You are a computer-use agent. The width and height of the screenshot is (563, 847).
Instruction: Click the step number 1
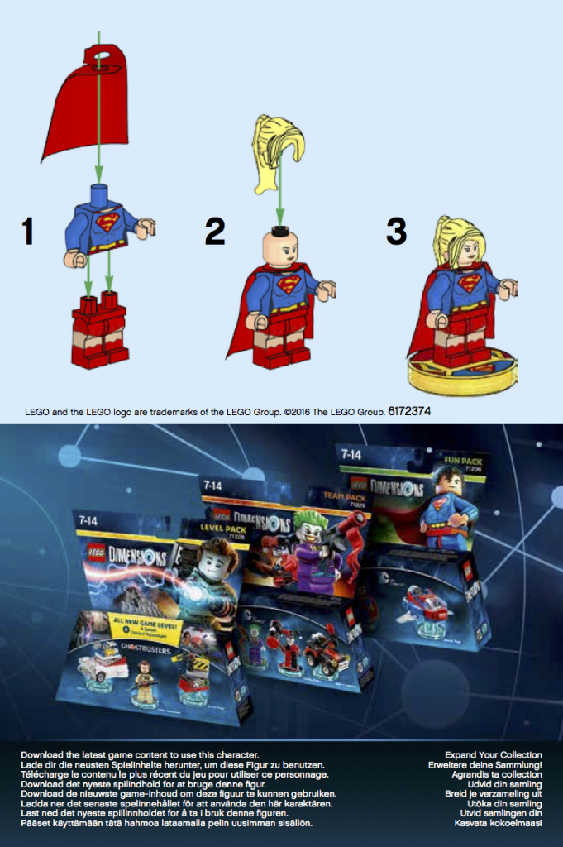[28, 231]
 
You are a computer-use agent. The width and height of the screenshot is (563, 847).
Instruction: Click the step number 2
[214, 231]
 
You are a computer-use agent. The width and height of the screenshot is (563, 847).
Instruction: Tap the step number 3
[396, 231]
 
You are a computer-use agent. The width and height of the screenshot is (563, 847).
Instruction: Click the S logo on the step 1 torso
[107, 223]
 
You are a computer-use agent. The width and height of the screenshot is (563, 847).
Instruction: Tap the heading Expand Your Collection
[494, 755]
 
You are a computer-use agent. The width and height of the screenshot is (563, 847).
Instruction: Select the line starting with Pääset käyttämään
[166, 823]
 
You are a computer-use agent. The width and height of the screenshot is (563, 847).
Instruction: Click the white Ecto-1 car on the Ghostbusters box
[102, 663]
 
